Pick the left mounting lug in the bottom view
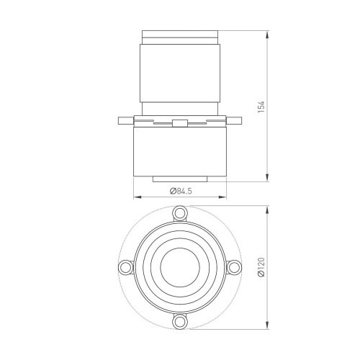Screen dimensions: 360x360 pos(125,267)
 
